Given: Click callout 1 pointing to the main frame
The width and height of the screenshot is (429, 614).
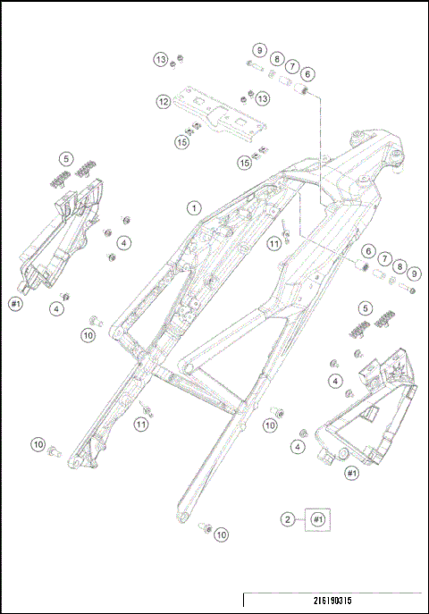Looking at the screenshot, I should click(192, 207).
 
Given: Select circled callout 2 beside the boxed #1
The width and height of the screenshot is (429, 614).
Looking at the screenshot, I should click(288, 518).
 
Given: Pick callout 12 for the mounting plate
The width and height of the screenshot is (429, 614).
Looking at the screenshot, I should click(164, 102).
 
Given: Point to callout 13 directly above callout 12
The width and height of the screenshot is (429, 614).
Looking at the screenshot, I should click(161, 60).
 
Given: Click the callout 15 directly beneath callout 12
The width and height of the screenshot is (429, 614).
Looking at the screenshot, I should click(181, 141).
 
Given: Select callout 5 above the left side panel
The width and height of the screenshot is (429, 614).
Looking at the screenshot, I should click(64, 159).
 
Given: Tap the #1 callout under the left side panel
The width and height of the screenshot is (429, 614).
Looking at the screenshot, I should click(15, 305).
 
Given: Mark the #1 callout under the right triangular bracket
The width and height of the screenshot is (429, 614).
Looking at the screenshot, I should click(351, 472).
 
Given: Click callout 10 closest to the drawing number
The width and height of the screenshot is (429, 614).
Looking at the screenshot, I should click(221, 534).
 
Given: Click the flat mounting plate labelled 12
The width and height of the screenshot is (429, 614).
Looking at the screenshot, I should click(219, 109).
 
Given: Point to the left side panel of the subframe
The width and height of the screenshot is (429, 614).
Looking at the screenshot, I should click(63, 237).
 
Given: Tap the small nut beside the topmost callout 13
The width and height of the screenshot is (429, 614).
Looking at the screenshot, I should click(180, 59).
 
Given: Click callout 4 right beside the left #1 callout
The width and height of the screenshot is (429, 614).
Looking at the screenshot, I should click(57, 308).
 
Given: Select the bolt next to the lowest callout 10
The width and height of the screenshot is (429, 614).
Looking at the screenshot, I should click(202, 528).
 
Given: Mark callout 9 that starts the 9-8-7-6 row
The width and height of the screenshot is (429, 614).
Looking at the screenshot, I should click(258, 50).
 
